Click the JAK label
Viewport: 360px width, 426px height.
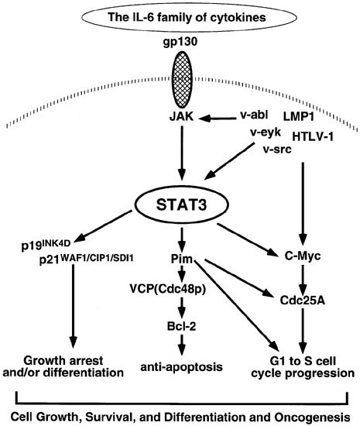point(180,119)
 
